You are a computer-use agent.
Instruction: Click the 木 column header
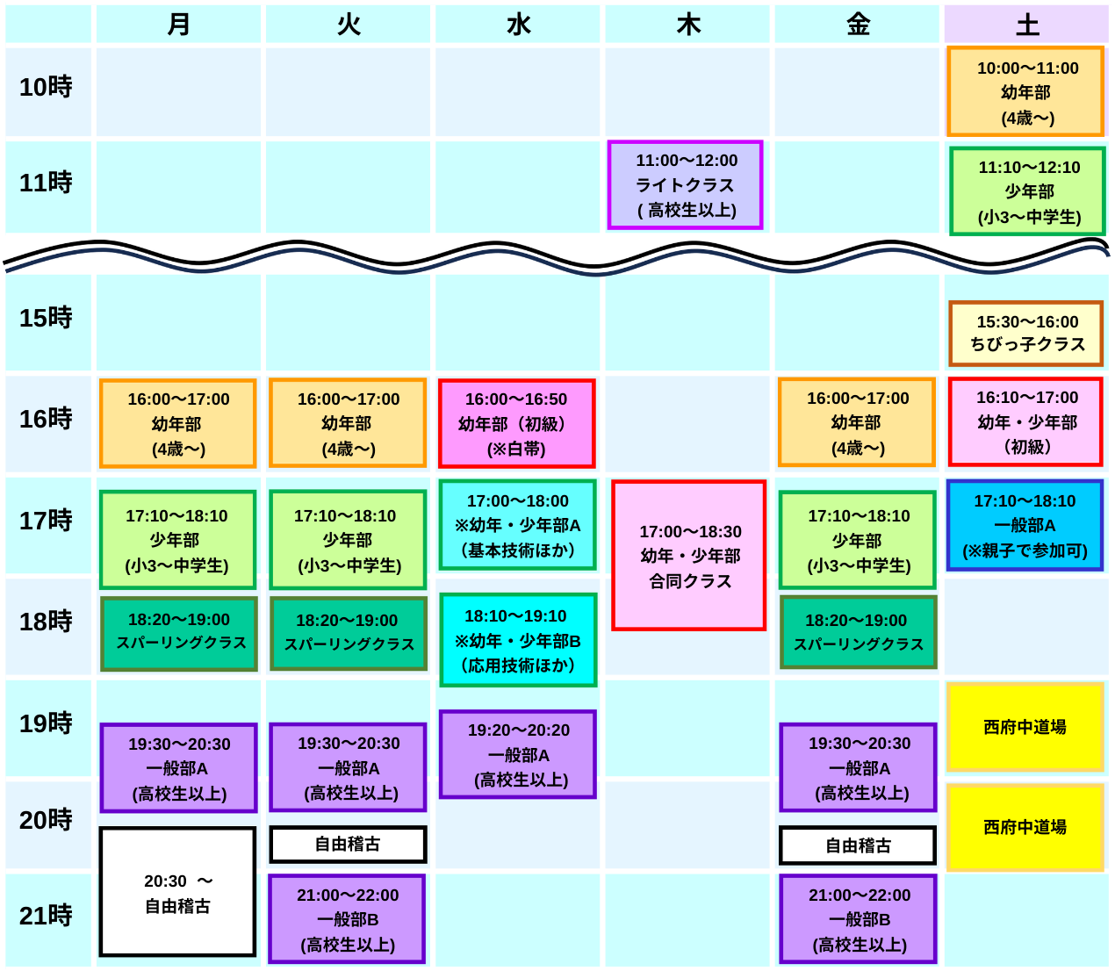[687, 24]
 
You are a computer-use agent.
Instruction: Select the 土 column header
[1026, 24]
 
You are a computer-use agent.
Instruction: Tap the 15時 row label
[47, 318]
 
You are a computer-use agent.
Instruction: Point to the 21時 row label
[47, 916]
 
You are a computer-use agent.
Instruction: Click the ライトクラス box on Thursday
[685, 185]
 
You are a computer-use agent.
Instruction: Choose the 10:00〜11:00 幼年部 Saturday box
[1025, 92]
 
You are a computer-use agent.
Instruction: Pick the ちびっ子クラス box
[1025, 334]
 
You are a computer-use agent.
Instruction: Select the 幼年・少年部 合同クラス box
[688, 556]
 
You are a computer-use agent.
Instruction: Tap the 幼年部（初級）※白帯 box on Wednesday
[516, 423]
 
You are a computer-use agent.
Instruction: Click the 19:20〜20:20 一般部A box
[517, 754]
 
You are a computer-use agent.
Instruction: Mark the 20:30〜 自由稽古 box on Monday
[177, 892]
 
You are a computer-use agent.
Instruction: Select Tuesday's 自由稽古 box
[348, 845]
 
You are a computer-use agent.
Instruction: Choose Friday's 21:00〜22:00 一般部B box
[858, 919]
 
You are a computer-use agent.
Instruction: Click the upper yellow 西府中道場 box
[1025, 727]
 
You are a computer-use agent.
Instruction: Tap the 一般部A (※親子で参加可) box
[1025, 525]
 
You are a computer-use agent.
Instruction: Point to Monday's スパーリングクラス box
[179, 633]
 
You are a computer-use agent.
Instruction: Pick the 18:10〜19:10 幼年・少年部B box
[517, 640]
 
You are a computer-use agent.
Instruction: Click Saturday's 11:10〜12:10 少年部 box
[1027, 191]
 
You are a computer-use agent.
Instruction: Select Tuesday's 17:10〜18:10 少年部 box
[348, 540]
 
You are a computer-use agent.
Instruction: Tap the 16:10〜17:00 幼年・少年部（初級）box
[1025, 421]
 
